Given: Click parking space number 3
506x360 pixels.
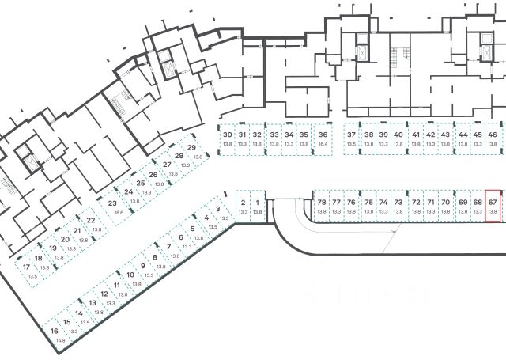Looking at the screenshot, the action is click(x=217, y=210).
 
